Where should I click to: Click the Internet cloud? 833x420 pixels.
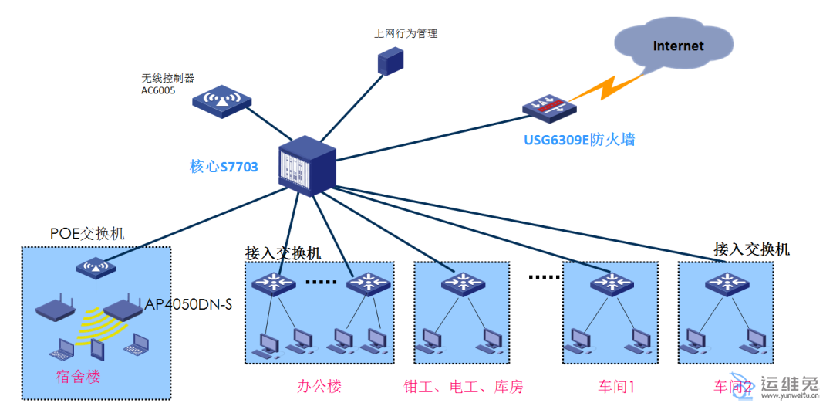[x=676, y=48]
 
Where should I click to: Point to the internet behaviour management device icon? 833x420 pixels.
[x=390, y=61]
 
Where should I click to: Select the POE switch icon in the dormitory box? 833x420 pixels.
[x=96, y=268]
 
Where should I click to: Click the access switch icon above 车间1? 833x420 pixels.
[x=612, y=283]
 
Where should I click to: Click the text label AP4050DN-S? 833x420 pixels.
[x=189, y=304]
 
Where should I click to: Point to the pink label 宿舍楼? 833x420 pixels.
[x=78, y=377]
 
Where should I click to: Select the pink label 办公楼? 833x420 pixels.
[x=319, y=387]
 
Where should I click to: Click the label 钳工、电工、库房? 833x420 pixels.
[x=463, y=387]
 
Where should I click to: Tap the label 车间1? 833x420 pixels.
[x=615, y=387]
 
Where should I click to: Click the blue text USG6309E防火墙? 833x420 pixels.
[x=578, y=141]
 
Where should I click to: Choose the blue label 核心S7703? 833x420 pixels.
[x=224, y=166]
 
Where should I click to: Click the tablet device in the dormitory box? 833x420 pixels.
[x=97, y=350]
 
